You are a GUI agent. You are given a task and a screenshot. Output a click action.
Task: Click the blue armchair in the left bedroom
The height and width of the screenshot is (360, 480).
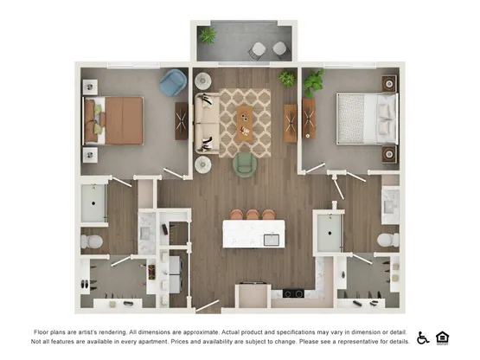click(173, 82)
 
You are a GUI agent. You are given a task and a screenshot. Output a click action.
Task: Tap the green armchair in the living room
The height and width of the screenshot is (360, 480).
click(245, 164)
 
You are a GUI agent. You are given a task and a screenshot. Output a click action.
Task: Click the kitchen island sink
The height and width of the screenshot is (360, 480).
click(272, 240)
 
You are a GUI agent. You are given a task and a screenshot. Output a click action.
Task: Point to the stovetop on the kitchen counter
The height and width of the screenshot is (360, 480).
click(293, 293)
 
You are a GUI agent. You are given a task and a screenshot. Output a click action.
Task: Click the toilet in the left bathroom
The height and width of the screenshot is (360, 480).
click(92, 241)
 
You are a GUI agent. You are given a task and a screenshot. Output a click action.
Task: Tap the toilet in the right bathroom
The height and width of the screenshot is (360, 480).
click(388, 240)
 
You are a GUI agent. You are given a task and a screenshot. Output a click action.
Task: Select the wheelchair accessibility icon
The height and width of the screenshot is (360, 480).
click(423, 338)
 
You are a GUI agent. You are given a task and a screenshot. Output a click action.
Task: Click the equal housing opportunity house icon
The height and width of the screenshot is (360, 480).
click(442, 338)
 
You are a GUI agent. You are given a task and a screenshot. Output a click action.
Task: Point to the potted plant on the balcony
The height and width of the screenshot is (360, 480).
click(208, 35)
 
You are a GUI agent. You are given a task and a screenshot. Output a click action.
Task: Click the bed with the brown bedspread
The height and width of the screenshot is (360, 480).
click(113, 120)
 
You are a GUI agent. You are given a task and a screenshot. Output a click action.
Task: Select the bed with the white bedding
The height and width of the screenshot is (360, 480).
click(368, 119)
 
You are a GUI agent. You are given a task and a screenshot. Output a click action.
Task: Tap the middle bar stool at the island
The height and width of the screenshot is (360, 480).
click(253, 215)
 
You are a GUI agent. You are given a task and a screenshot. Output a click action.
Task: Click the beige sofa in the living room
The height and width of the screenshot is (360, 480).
click(208, 124)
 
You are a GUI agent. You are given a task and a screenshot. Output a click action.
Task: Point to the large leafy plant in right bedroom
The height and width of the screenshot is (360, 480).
click(313, 82)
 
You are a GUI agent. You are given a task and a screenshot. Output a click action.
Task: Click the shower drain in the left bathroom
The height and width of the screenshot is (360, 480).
click(93, 203)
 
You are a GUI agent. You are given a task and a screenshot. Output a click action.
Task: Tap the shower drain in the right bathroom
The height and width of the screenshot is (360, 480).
click(330, 233)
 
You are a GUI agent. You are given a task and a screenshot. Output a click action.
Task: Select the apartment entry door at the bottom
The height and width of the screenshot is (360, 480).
click(208, 305)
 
